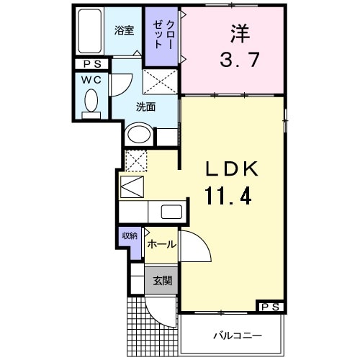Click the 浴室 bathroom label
point(125,30)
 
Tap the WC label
point(91,78)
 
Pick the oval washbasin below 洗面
point(138,135)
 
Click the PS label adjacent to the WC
point(91,64)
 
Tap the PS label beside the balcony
point(270,307)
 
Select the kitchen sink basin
point(171,212)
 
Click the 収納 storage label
point(130,235)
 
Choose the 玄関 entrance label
point(161,280)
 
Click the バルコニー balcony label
point(237,336)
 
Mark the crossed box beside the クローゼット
point(160,81)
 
